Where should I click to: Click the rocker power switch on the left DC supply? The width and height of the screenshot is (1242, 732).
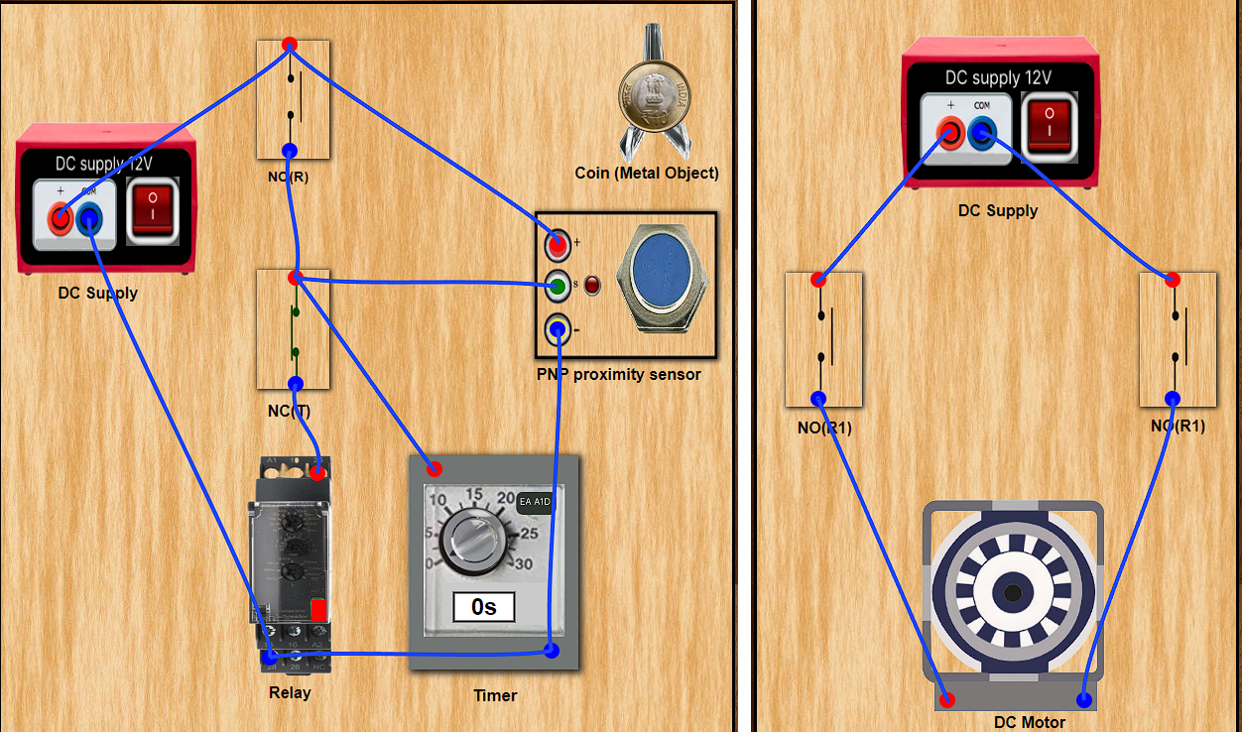153,209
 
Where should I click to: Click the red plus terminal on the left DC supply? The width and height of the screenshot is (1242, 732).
60,217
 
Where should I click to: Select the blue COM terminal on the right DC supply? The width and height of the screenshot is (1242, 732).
982,131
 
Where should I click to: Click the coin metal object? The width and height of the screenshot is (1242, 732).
655,96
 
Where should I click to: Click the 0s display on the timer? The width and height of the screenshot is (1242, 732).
484,606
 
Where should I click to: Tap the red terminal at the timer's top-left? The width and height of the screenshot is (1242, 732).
435,468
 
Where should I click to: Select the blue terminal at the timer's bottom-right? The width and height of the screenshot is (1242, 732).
552,651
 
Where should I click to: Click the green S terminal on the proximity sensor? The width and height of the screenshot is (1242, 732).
558,287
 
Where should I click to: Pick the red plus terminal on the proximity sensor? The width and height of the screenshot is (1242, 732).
558,243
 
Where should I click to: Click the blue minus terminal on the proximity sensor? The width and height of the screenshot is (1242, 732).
558,328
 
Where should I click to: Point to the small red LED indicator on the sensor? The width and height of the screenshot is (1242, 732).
592,287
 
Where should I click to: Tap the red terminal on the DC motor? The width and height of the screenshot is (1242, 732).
947,700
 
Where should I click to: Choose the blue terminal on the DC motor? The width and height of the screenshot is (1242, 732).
1084,700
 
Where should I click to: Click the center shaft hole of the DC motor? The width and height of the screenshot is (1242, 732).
1013,594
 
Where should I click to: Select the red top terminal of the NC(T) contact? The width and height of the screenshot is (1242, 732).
295,278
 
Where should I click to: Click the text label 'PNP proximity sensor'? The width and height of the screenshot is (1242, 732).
618,375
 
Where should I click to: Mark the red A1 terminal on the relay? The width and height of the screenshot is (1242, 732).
317,473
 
